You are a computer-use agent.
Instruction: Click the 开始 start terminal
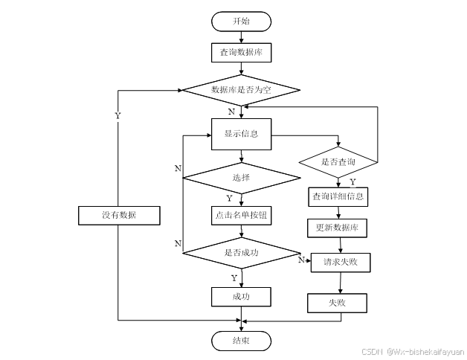point(241,22)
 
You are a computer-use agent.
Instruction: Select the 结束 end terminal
point(241,341)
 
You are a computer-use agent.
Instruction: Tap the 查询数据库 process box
point(241,53)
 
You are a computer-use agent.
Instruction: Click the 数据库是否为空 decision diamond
point(241,90)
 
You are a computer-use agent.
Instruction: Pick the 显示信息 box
point(241,134)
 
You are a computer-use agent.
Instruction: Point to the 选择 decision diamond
point(241,178)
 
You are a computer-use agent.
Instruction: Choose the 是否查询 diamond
point(338,162)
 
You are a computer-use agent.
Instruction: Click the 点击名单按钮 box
point(241,216)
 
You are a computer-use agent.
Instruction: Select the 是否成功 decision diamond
point(241,253)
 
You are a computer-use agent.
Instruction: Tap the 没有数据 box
point(119,215)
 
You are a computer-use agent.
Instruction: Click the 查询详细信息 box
point(338,196)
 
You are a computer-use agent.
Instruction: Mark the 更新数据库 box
point(337,228)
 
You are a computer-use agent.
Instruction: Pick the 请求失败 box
point(341,263)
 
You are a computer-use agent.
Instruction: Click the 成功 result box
point(241,297)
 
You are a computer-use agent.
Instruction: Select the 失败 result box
point(337,303)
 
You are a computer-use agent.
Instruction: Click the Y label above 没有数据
point(118,116)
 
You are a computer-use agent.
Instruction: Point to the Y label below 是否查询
point(352,181)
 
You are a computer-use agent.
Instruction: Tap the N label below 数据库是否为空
point(231,112)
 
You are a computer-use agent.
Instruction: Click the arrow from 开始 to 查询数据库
point(241,37)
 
